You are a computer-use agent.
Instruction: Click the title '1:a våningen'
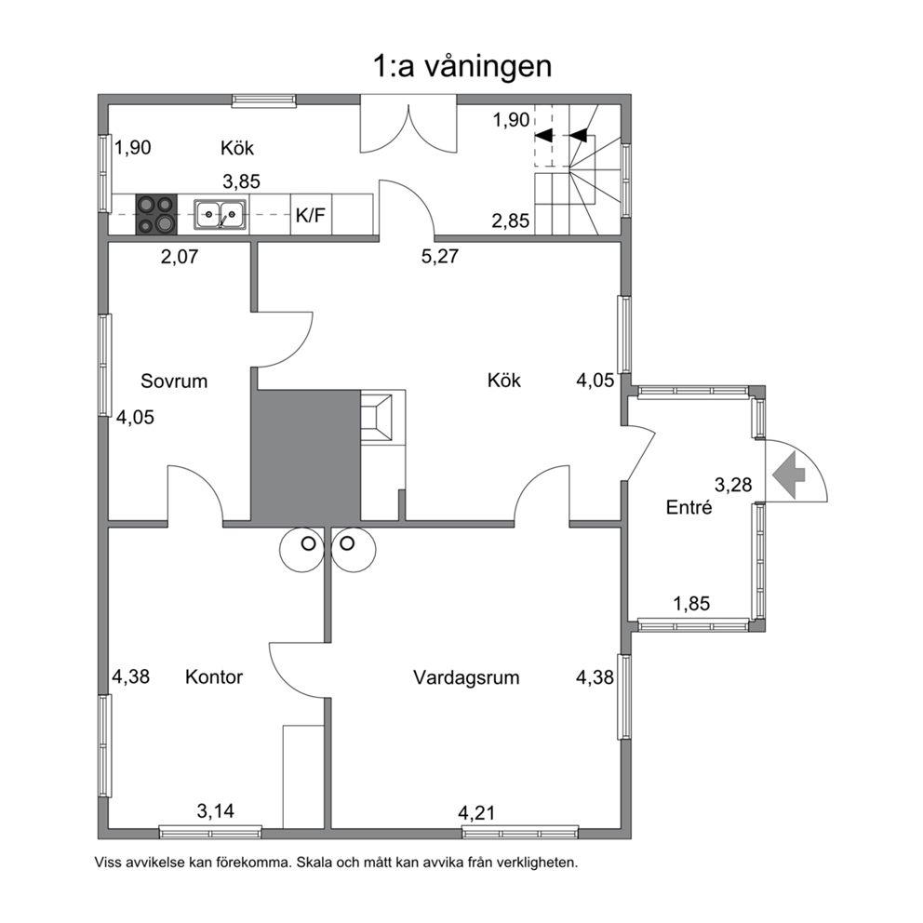462,67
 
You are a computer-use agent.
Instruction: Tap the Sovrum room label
174,381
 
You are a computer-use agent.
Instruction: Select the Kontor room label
214,677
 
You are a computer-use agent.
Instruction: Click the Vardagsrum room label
466,677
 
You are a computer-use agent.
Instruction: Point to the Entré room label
689,507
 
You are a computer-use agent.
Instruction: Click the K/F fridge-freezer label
310,216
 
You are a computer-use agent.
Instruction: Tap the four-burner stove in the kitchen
156,215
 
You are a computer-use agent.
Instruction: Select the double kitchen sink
221,215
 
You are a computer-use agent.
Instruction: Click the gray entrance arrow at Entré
789,475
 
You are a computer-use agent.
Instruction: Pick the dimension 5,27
440,257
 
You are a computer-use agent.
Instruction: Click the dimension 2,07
180,257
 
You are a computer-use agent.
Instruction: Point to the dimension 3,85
241,181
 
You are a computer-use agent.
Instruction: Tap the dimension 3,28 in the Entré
733,485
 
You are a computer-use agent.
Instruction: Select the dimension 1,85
691,604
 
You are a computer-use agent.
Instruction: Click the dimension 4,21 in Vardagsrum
476,813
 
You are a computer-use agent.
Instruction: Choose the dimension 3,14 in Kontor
216,811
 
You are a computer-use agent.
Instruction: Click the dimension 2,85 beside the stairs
511,221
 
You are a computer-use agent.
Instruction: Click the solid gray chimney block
306,456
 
